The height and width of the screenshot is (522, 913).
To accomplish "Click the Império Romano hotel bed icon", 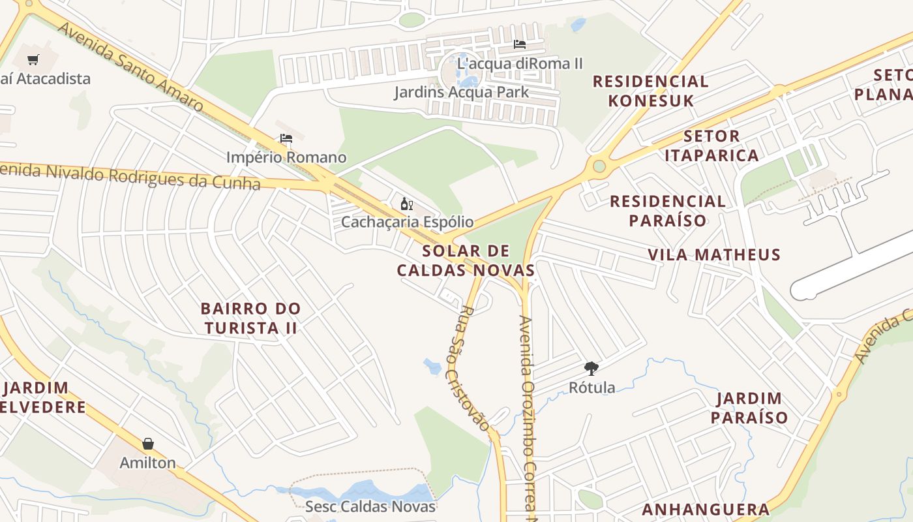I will [x=286, y=138].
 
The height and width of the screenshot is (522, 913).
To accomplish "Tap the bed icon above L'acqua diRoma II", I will [x=520, y=44].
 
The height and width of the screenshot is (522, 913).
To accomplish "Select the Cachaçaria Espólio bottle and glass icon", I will [x=407, y=204].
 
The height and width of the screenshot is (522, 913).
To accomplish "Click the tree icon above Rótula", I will [x=591, y=369].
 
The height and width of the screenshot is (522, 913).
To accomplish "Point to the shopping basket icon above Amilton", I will [x=148, y=444].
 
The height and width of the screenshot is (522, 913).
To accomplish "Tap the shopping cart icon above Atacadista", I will [x=33, y=60].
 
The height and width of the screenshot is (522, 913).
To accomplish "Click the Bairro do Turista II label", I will [x=250, y=318].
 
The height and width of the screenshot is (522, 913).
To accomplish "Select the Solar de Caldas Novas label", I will [x=466, y=260].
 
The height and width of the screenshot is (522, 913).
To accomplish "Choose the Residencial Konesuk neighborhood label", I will [x=650, y=91].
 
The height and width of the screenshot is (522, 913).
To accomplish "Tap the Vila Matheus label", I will [x=714, y=254].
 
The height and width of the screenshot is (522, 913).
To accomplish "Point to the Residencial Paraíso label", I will [x=668, y=211].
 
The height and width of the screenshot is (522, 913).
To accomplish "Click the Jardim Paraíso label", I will [x=749, y=408].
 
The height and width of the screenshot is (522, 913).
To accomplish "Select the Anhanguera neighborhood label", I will [x=706, y=510].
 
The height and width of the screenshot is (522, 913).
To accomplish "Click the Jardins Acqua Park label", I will [x=462, y=92].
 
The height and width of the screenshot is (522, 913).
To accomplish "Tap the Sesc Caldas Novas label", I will [x=370, y=506].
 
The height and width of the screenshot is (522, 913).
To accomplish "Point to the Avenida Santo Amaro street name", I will [x=131, y=65].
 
